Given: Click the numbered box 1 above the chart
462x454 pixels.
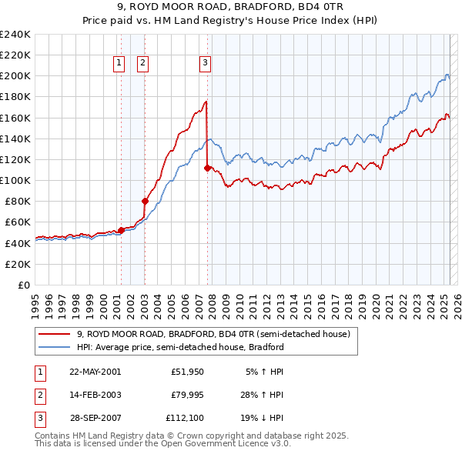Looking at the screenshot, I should click(120, 64).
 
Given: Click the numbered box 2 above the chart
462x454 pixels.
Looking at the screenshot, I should click(144, 64).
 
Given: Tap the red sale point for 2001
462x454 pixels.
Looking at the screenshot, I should click(121, 230).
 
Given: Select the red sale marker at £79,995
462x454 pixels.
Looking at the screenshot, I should click(145, 201).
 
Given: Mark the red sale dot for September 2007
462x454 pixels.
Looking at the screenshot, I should click(208, 168).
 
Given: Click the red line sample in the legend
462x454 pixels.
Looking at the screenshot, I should click(54, 335).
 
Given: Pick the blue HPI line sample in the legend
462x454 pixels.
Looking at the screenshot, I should click(54, 347).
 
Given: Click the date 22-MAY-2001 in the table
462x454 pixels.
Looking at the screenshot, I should click(95, 371).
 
